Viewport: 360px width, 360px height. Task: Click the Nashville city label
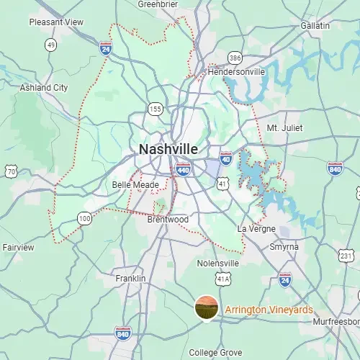(x=168, y=149)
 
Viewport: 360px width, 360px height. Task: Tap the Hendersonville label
(x=236, y=72)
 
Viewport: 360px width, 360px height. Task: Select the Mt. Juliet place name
(x=284, y=127)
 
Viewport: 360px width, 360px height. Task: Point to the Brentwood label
(x=167, y=219)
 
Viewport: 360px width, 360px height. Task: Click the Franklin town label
(x=130, y=278)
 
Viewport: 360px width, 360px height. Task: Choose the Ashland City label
(x=45, y=88)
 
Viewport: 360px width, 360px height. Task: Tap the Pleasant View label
(x=56, y=22)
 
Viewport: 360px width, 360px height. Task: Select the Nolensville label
(x=217, y=264)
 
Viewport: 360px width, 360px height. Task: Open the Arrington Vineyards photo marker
(x=207, y=307)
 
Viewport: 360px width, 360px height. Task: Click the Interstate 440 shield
(x=183, y=170)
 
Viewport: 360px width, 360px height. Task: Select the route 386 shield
(x=235, y=56)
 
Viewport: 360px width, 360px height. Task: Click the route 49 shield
(x=50, y=45)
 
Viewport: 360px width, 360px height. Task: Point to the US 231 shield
(x=346, y=256)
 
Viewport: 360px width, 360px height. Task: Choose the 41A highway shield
(x=224, y=279)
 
